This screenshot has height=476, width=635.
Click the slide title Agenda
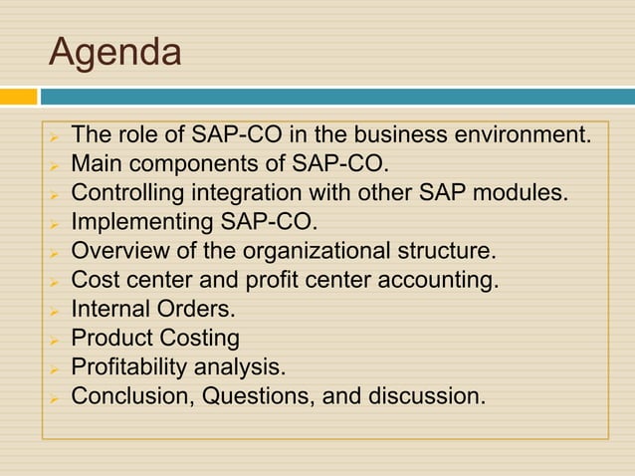click(x=115, y=52)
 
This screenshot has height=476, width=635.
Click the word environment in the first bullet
click(x=529, y=135)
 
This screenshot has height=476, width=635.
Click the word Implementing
click(x=139, y=220)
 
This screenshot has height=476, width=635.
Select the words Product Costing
click(x=155, y=339)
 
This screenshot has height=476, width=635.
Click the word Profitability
click(x=138, y=367)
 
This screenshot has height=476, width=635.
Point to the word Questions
click(x=254, y=396)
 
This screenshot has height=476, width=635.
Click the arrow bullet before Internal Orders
click(x=57, y=311)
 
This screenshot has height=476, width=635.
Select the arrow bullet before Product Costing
click(x=57, y=340)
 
